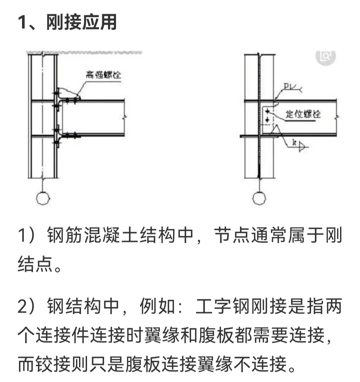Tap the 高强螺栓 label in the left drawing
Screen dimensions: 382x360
[103, 75]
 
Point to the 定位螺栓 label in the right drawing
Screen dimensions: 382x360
[303, 114]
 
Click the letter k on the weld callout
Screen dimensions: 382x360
[294, 142]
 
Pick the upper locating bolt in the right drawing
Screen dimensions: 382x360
[267, 111]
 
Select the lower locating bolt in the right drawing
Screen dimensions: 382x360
[267, 119]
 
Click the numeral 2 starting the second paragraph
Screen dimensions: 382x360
[22, 306]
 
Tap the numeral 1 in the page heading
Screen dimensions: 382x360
[22, 23]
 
